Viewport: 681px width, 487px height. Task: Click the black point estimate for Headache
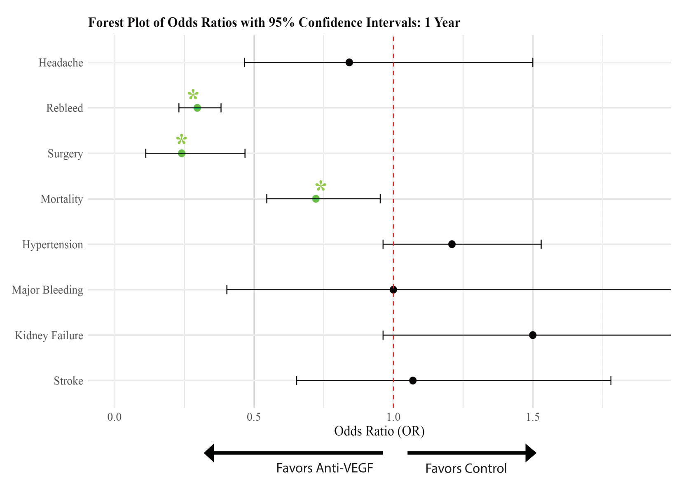(349, 63)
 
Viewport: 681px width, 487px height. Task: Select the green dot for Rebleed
(197, 108)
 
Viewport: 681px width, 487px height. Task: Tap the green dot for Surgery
(182, 154)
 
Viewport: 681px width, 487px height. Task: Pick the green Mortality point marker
(316, 199)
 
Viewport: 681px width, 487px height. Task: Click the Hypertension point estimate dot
(452, 245)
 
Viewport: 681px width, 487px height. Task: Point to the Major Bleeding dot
(393, 290)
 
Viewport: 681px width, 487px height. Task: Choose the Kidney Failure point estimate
(533, 335)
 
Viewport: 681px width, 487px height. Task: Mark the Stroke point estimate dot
(413, 381)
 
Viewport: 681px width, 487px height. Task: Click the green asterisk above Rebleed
(193, 95)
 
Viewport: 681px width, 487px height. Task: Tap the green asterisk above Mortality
(321, 186)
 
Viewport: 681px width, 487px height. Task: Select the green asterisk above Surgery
(181, 140)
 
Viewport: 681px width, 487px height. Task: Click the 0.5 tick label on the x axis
(254, 417)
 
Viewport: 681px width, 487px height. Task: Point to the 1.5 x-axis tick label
(533, 417)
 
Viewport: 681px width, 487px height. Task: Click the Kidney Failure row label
(49, 336)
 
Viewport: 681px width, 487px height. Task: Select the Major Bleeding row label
(47, 290)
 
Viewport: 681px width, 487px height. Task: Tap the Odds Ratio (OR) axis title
(379, 431)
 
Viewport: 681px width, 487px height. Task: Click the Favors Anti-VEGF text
(325, 468)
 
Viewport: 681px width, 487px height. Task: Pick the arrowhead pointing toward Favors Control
(531, 453)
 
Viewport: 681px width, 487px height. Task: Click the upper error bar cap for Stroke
(611, 381)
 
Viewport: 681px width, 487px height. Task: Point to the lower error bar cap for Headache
(245, 63)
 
